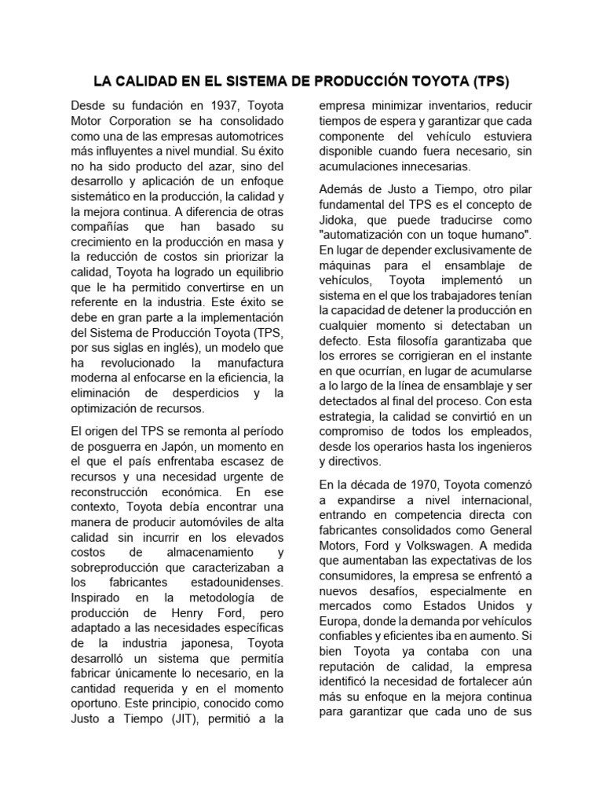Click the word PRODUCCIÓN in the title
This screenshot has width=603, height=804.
(x=364, y=81)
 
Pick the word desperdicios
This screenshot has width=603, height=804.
(x=200, y=393)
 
